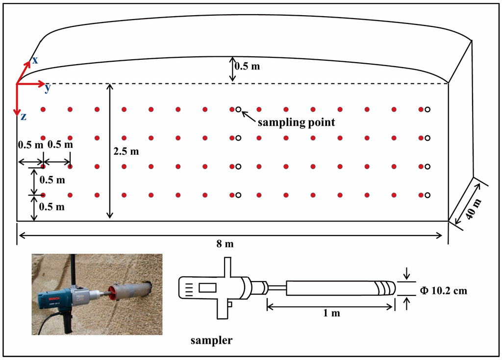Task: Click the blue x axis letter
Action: click(x=34, y=60)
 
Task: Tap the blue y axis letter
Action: click(x=48, y=88)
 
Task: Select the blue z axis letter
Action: click(x=23, y=117)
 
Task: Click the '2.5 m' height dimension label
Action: click(x=126, y=152)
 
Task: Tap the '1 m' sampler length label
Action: click(x=331, y=312)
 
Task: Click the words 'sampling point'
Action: click(x=297, y=122)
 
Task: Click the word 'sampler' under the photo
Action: click(x=211, y=340)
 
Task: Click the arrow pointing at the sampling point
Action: click(x=248, y=115)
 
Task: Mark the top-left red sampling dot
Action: click(x=43, y=109)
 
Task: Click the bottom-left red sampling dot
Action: click(x=43, y=195)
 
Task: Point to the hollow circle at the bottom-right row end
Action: click(x=427, y=195)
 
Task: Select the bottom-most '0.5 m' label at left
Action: click(x=51, y=207)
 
